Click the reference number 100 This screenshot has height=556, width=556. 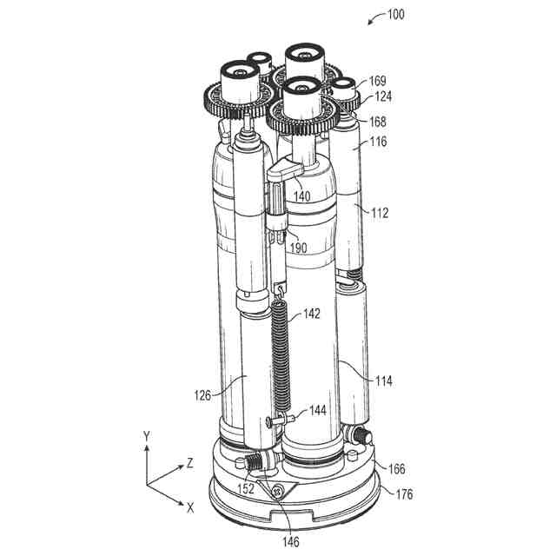[396, 14]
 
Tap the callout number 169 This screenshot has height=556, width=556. [377, 81]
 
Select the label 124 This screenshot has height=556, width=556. [383, 96]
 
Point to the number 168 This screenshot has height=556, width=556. [377, 122]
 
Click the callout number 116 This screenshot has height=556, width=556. [379, 142]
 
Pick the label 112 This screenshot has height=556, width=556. [380, 213]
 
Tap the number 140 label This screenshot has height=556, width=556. [302, 196]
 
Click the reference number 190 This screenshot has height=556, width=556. [299, 248]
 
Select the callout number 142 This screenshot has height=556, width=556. [312, 314]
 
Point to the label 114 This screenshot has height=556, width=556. [384, 381]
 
